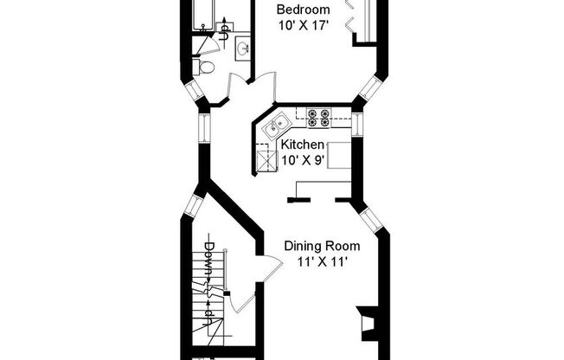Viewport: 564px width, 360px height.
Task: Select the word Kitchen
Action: (x=302, y=145)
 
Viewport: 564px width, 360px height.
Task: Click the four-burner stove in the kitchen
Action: (x=318, y=116)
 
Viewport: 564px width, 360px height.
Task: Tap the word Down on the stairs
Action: (x=209, y=258)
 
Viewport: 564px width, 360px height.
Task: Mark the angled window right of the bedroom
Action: (x=373, y=86)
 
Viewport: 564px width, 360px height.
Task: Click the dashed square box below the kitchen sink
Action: (x=263, y=158)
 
